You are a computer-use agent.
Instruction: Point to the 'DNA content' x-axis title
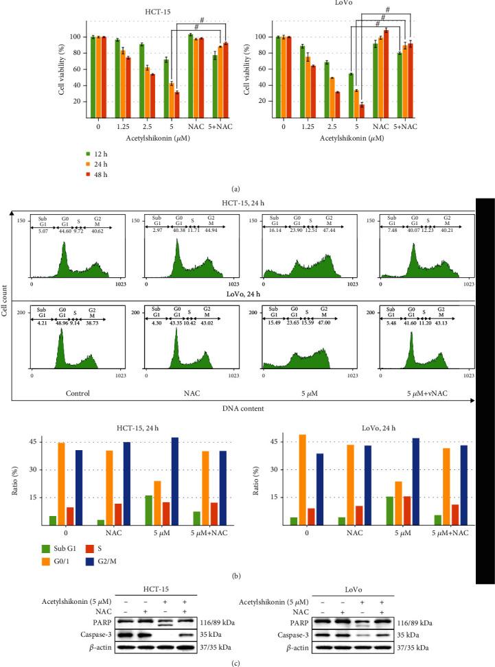click(x=246, y=408)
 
